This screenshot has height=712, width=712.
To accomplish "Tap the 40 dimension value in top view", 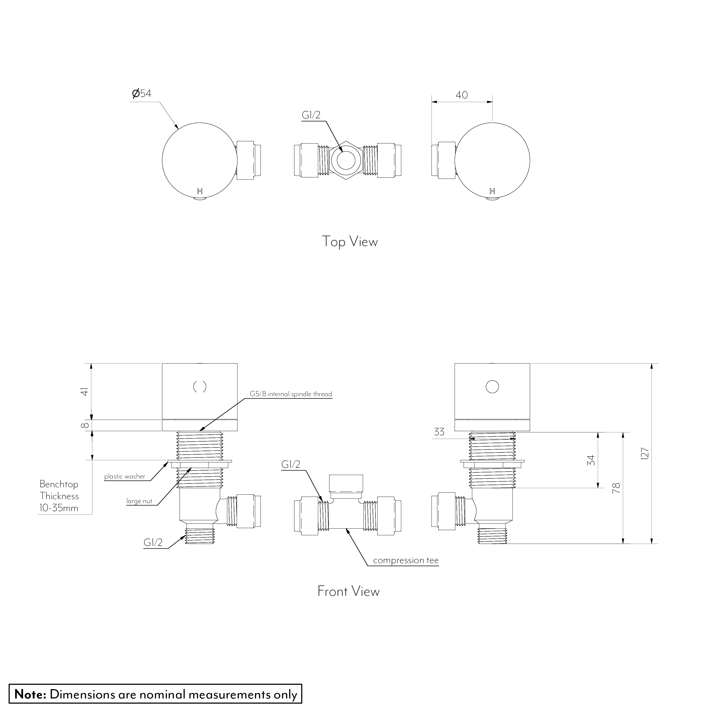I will pos(461,95).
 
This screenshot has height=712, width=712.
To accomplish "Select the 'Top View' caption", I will pos(350,242).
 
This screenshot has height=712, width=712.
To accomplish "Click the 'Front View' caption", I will pos(348,591).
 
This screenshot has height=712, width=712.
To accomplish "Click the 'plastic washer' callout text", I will pos(124,477).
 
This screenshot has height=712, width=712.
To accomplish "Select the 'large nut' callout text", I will pos(139,501).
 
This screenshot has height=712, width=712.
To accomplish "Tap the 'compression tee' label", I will pos(406,560).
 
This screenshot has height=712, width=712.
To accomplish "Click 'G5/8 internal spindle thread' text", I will pos(291,394).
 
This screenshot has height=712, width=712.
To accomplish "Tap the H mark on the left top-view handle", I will pos(200,191).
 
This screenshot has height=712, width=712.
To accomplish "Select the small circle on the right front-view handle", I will pos(492,387).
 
